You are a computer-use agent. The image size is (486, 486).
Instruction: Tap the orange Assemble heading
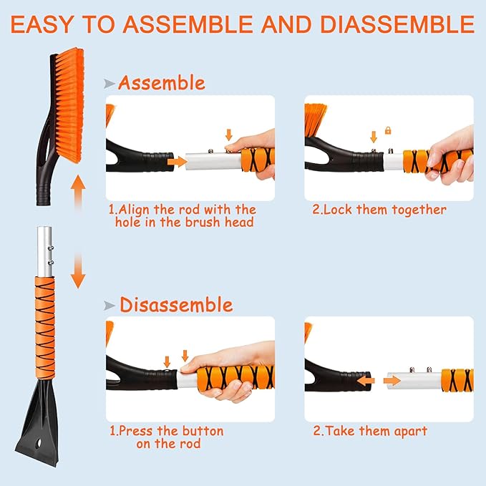coord(161,83)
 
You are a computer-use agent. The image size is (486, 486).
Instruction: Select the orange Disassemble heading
coord(175,305)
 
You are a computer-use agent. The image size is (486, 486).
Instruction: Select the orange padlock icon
coord(388,131)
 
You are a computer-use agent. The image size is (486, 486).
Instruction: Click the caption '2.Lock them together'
coord(379,210)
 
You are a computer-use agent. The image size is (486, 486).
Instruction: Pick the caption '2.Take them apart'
coord(370,431)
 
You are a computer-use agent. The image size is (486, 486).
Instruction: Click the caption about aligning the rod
coord(182,215)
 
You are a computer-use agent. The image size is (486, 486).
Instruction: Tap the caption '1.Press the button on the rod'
coord(165,437)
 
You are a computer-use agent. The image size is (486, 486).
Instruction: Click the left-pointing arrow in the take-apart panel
coord(364,381)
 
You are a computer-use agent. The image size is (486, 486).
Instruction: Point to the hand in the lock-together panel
coord(455,154)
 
